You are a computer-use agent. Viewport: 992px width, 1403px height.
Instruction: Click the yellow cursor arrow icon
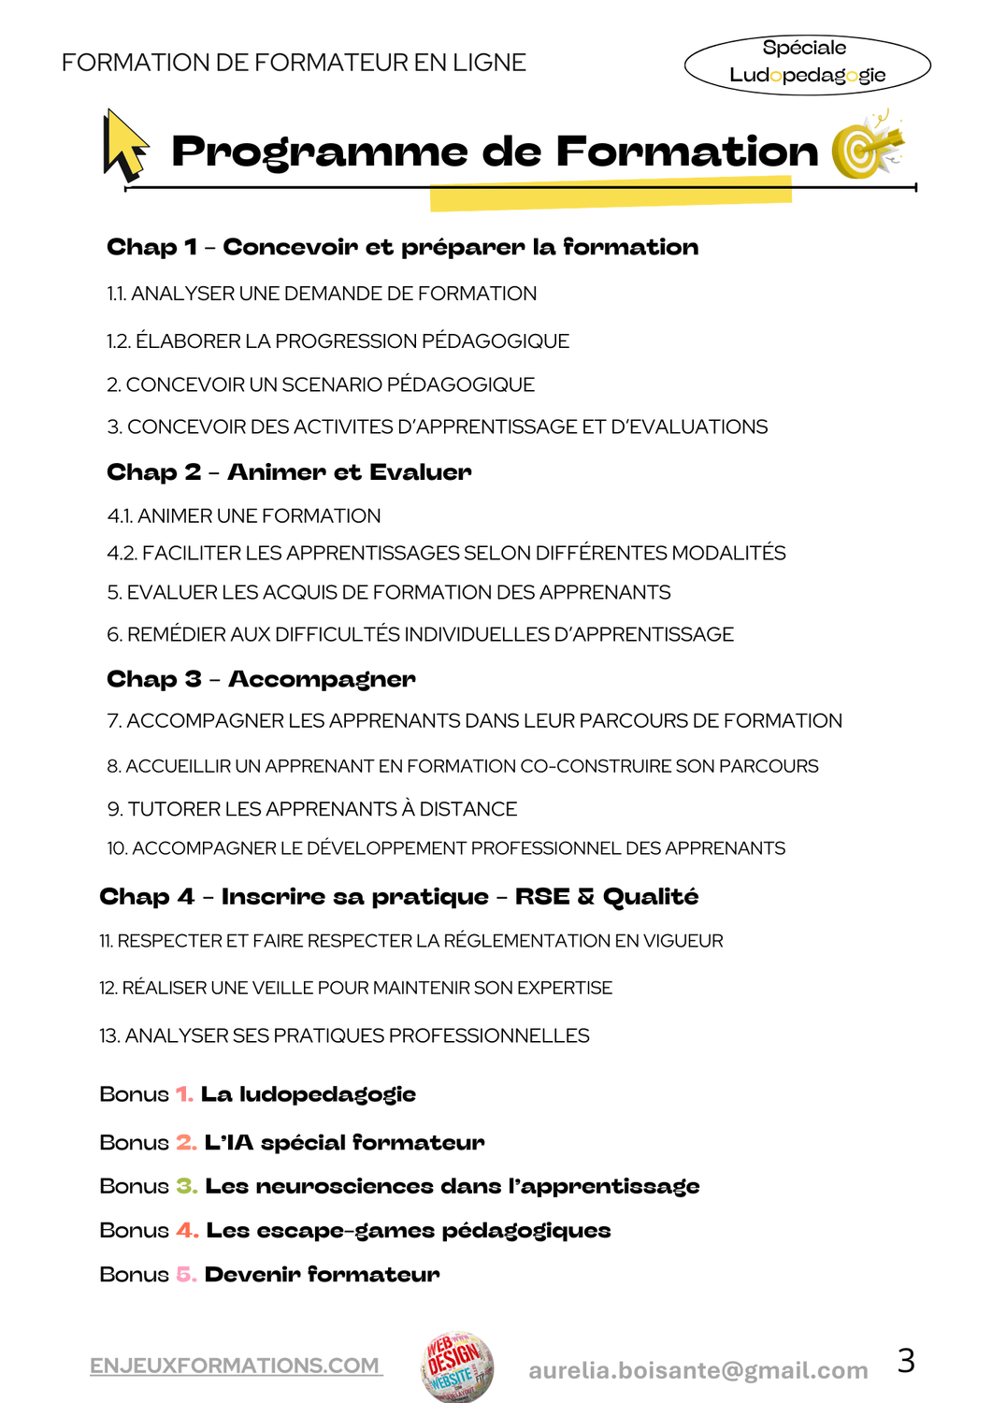(x=125, y=145)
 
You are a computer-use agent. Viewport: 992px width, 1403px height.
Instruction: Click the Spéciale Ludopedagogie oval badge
(x=807, y=64)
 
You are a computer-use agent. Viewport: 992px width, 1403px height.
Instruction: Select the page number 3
(x=905, y=1360)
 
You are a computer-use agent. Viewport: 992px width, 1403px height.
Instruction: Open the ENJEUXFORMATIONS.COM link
(x=236, y=1366)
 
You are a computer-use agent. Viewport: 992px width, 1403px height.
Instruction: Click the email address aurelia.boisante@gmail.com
(x=697, y=1370)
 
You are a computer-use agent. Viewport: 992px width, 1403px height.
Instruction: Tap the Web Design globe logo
(x=456, y=1367)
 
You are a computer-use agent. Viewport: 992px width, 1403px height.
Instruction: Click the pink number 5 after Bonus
(x=185, y=1274)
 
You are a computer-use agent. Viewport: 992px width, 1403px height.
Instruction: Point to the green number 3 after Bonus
(x=186, y=1186)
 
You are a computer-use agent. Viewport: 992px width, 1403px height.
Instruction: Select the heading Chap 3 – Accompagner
(x=261, y=679)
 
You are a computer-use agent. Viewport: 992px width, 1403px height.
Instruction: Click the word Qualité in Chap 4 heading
(x=651, y=896)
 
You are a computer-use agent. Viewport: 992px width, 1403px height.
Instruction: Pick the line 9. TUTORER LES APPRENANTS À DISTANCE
(x=312, y=809)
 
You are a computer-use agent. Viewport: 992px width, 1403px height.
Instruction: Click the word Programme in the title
(x=319, y=152)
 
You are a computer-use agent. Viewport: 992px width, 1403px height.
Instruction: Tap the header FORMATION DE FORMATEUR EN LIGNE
(x=294, y=63)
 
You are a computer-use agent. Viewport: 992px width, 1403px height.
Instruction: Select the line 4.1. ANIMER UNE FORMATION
(x=244, y=515)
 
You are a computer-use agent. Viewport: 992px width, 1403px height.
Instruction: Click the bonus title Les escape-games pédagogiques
(x=408, y=1230)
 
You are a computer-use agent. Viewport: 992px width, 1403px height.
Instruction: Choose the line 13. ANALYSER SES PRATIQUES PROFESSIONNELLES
(x=344, y=1035)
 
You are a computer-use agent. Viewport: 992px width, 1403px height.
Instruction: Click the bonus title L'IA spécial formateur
(x=344, y=1142)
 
